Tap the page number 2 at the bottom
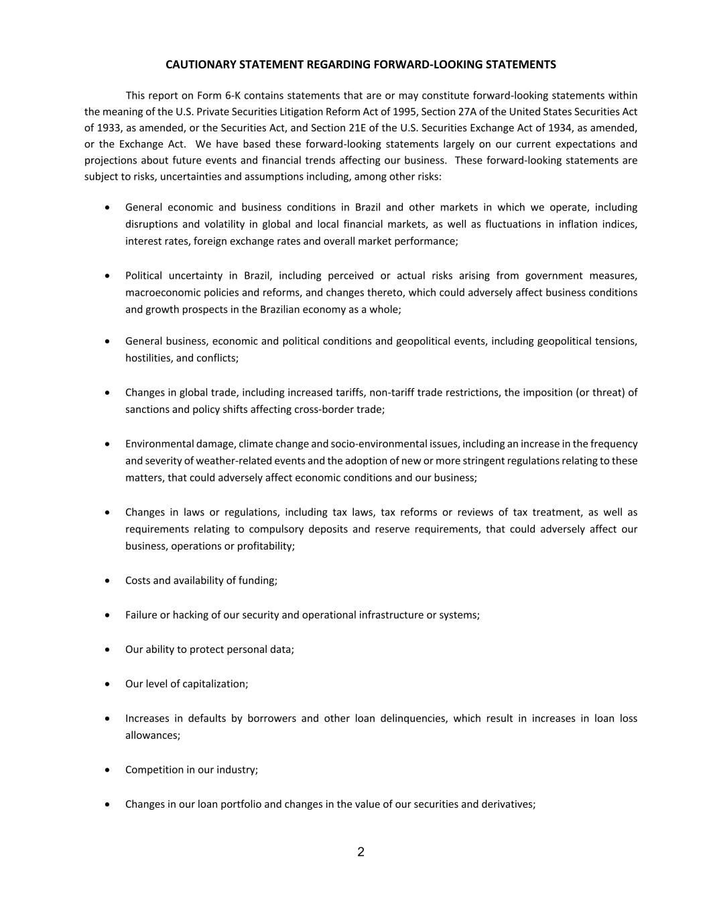[361, 852]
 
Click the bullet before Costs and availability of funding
[108, 581]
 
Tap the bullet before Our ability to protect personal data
[108, 650]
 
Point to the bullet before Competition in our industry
[108, 770]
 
